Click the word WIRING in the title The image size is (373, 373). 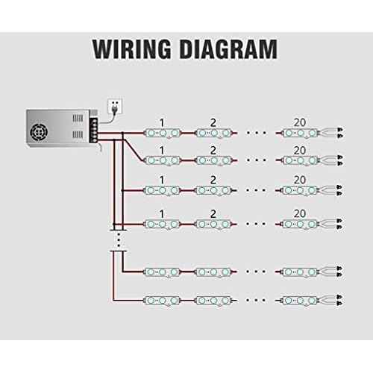132,49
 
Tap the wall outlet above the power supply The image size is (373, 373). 115,107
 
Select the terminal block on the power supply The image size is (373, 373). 95,131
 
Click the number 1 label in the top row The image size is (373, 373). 162,123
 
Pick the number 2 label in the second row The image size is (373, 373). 213,151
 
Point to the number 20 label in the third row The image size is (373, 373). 300,180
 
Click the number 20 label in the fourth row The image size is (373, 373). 300,213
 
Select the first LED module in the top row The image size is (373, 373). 163,133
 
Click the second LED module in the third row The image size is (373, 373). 214,191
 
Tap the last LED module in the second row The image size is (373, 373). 301,160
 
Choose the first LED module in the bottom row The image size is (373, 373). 163,301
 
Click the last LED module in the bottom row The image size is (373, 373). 301,301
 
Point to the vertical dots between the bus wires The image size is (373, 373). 119,239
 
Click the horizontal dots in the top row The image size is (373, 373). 256,133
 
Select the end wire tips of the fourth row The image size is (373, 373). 339,224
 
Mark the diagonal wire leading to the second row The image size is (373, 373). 134,150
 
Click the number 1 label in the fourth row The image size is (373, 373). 162,214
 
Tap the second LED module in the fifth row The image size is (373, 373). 214,272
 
